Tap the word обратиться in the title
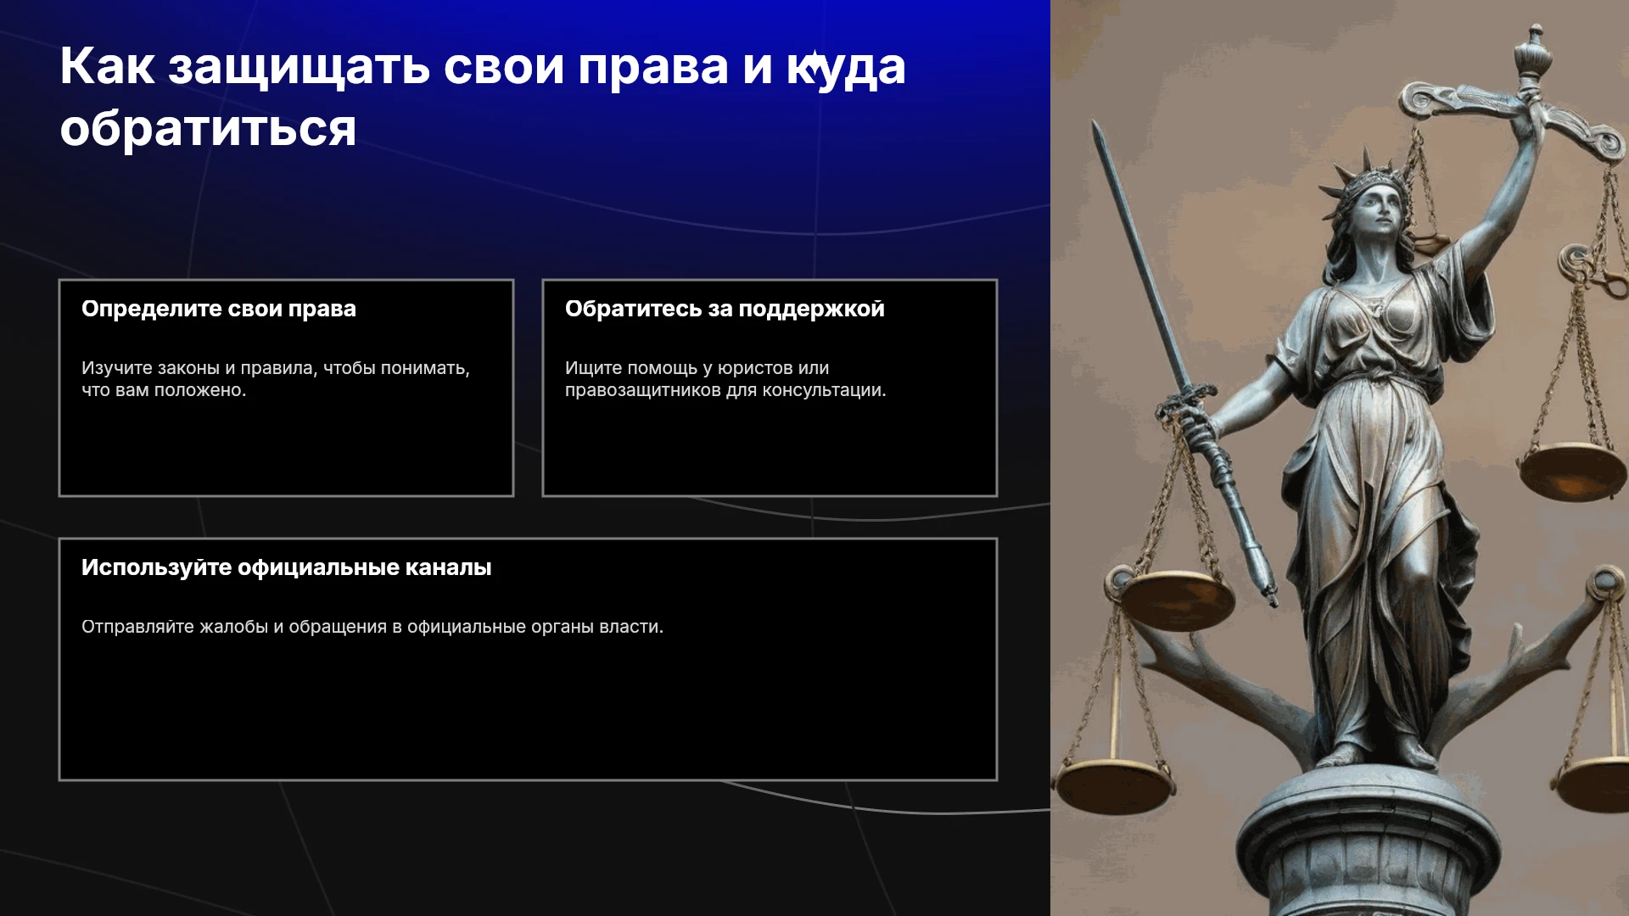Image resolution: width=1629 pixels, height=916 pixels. [208, 130]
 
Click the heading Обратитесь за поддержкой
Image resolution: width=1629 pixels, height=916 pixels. [725, 310]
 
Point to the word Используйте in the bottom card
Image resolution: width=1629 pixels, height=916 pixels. [156, 567]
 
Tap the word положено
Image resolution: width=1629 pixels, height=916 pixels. [204, 390]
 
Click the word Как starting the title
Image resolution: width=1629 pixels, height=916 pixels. [107, 68]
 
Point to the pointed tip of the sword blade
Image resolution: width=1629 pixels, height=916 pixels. [1095, 123]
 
